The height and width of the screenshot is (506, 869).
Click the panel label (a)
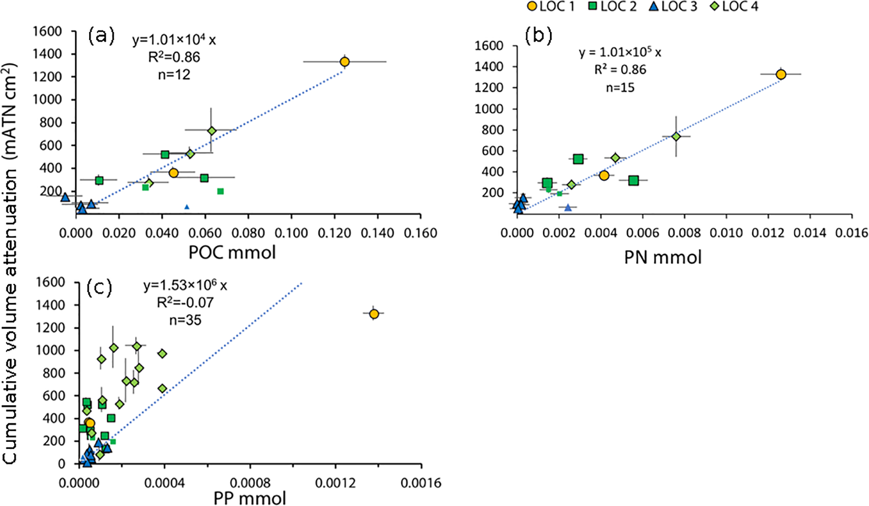coord(101,36)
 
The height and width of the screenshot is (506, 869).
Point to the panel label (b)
coord(538,36)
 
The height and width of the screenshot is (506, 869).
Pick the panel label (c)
coord(99,288)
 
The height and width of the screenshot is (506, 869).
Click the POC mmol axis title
coord(232,253)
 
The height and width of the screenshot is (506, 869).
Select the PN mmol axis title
coord(663,257)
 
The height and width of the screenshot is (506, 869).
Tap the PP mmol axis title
coord(250,498)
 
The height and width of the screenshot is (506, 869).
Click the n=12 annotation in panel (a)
coord(174,74)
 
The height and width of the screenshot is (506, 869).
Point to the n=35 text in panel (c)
coord(185,320)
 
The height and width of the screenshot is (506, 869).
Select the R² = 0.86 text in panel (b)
coord(620,69)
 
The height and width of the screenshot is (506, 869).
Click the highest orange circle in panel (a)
coord(344,61)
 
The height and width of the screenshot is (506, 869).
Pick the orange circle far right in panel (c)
coord(374,314)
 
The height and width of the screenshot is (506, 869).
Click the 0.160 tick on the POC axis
coord(421,233)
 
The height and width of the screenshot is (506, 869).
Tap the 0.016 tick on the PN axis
coord(852,233)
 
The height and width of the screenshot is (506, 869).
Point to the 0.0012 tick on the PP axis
coord(336,483)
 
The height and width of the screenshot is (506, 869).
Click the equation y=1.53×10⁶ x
coord(185,285)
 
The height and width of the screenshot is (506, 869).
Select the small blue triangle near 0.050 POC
coord(187,207)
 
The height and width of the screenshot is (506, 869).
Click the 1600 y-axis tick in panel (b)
coord(489,45)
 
